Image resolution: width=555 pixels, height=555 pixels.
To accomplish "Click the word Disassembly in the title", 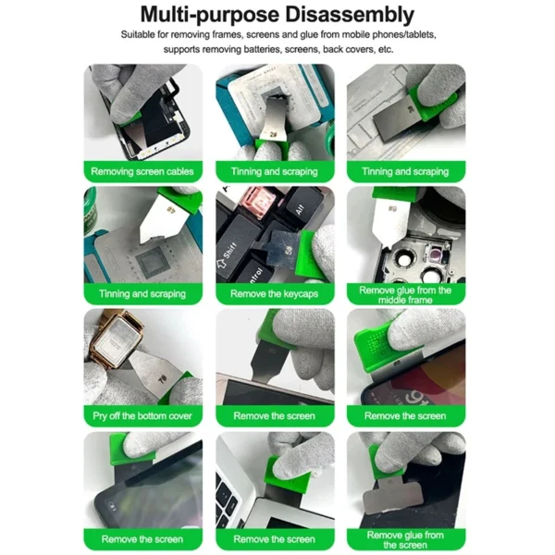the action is click(350, 15).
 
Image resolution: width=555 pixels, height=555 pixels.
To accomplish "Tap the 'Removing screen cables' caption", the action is click(142, 172).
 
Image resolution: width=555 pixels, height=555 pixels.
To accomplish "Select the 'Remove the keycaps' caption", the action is click(275, 294).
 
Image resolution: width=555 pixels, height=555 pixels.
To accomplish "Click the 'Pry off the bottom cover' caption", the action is click(142, 416).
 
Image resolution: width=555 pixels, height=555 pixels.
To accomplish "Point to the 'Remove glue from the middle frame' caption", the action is click(405, 295).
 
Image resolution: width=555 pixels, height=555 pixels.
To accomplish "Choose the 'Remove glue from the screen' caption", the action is click(405, 540).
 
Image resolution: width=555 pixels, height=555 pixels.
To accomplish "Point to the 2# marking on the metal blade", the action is click(273, 134).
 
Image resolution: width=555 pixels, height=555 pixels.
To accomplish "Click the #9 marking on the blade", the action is click(392, 208).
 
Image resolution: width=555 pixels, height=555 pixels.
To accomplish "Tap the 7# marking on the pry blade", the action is click(162, 380).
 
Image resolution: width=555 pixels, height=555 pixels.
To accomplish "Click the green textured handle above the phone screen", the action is click(376, 344).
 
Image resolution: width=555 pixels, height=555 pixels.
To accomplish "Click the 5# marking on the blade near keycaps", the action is click(289, 251).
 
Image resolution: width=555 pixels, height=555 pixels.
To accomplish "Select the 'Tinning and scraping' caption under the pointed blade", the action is click(142, 294).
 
